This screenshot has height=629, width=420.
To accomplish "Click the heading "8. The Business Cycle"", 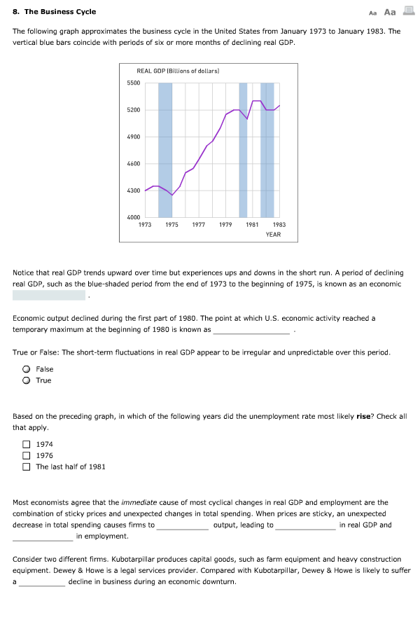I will [55, 12].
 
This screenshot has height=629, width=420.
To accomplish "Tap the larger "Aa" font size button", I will [390, 12].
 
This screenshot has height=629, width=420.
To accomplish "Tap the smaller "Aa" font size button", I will [373, 13].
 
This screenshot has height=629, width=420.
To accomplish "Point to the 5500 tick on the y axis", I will [133, 83].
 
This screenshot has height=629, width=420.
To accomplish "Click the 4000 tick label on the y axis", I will [133, 218].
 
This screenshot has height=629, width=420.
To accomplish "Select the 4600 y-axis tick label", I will [133, 164].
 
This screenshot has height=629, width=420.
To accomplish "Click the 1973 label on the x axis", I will [145, 225].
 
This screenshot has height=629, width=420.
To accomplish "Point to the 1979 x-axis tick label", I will [225, 225].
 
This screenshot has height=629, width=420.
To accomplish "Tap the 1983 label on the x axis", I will [279, 225].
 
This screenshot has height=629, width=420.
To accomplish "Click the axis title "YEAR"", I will [273, 235].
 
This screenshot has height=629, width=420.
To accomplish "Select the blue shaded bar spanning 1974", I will [165, 150].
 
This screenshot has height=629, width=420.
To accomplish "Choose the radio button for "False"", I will [26, 369].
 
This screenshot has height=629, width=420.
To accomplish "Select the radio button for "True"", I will [26, 380].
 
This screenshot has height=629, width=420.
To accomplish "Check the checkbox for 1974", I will [26, 444].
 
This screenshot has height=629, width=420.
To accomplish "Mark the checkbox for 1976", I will [26, 455].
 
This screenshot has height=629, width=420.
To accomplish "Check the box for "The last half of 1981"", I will [26, 466].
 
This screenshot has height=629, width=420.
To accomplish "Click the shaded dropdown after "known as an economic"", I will [49, 296].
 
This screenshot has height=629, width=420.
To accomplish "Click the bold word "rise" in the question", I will [363, 416].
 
